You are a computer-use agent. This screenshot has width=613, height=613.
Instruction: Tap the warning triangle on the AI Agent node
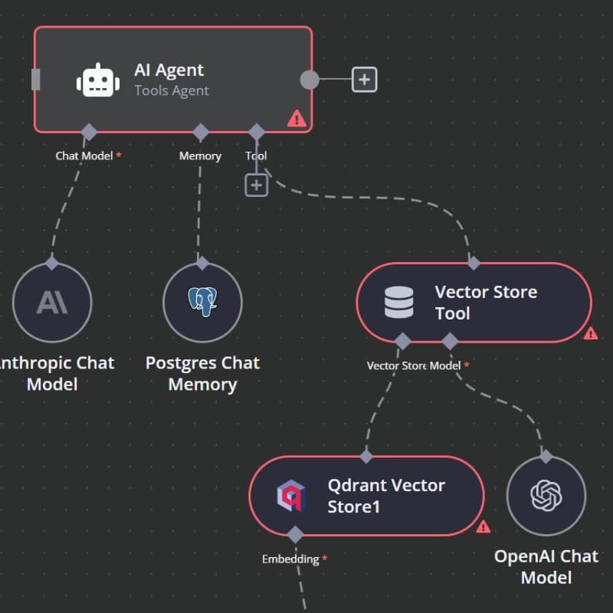coord(297,119)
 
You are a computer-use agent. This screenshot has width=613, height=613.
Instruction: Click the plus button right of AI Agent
coord(364,79)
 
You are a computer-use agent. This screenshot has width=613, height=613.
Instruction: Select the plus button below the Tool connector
coord(256,185)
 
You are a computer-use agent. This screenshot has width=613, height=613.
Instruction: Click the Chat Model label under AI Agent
coord(84,156)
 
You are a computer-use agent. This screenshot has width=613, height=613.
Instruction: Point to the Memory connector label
coord(200,156)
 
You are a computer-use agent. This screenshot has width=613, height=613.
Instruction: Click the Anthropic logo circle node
coord(52,302)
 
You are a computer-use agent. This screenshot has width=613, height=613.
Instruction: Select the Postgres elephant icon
coord(202,302)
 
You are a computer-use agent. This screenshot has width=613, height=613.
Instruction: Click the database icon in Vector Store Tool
coord(398,302)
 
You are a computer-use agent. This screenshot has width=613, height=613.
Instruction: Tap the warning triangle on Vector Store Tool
coord(590,333)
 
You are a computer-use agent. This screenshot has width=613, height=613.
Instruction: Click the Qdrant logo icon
coord(290,496)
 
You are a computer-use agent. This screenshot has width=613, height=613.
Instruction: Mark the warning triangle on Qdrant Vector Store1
coord(483,527)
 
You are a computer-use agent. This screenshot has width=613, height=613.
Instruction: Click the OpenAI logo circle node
coord(546,495)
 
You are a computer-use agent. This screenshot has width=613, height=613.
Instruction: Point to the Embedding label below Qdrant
coord(290,559)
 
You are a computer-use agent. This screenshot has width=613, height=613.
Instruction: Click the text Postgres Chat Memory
coord(202,373)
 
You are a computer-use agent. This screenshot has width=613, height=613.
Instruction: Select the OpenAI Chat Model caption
coord(546,566)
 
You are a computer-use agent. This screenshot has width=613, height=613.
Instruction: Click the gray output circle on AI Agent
coord(309,79)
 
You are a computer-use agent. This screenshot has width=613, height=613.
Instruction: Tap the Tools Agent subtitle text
coord(172,90)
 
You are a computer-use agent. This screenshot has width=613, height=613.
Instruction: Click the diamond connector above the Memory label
coord(201,132)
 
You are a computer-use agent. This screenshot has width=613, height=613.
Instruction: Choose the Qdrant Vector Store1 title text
coord(386,496)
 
